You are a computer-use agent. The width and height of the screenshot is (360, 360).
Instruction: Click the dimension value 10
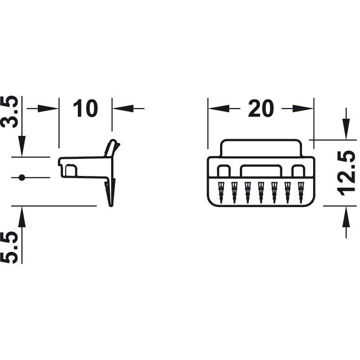(85, 108)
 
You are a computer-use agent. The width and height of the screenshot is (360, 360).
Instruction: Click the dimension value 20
(261, 108)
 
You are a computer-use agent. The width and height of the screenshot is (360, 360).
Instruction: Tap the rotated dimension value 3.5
(9, 112)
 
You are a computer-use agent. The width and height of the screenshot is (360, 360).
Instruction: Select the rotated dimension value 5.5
(9, 247)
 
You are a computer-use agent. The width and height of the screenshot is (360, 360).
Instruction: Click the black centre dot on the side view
(22, 177)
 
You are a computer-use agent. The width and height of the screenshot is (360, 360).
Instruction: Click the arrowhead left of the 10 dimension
(48, 108)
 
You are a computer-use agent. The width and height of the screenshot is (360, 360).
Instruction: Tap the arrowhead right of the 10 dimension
(123, 108)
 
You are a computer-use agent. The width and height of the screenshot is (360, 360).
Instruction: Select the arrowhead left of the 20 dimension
(219, 108)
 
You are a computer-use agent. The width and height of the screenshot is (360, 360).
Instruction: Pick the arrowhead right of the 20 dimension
(303, 108)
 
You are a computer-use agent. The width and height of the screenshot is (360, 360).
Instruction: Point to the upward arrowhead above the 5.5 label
(22, 217)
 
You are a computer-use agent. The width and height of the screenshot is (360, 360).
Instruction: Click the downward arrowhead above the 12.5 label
(346, 129)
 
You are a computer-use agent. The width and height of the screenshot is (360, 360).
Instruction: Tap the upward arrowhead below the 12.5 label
(346, 217)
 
